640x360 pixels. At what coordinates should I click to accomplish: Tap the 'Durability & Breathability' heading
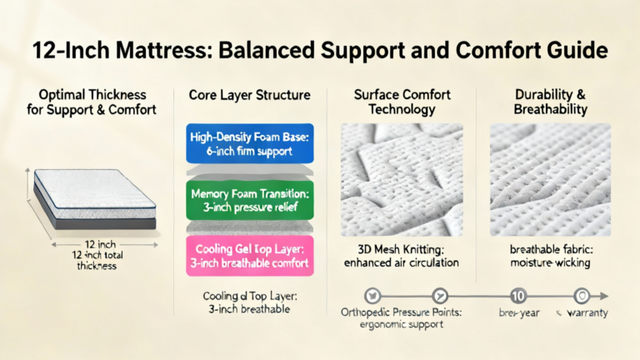pyautogui.click(x=550, y=102)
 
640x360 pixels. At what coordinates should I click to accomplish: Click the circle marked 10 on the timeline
pyautogui.click(x=517, y=295)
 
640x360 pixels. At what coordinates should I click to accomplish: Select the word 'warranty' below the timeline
pyautogui.click(x=587, y=313)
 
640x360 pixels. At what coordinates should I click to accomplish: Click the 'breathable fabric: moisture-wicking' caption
pyautogui.click(x=550, y=257)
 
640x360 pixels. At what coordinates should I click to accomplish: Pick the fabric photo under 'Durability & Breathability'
pyautogui.click(x=550, y=178)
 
